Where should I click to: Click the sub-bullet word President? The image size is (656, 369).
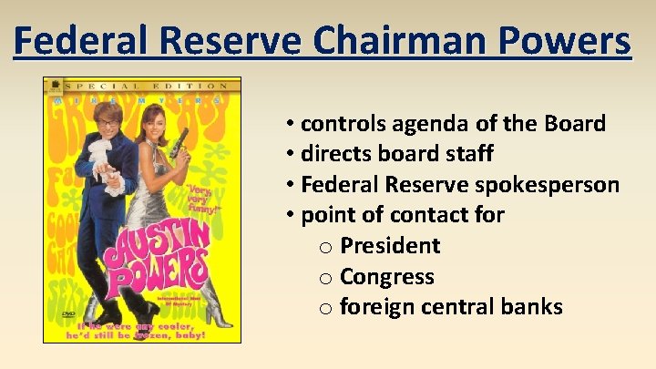coord(390,246)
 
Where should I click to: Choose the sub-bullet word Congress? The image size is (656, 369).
coord(386,276)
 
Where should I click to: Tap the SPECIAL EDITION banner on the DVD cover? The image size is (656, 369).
coord(141,84)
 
